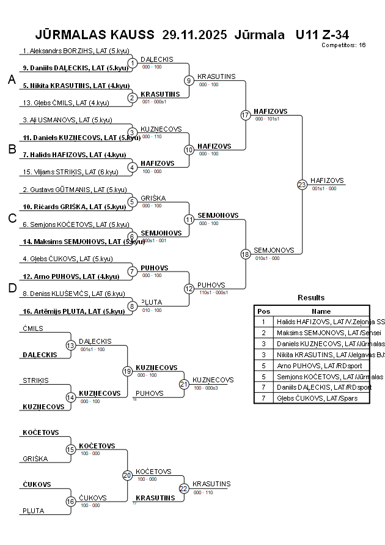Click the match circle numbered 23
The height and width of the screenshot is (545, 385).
click(x=302, y=184)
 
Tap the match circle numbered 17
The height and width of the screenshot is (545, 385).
click(x=246, y=115)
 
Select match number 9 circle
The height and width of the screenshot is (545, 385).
click(x=189, y=80)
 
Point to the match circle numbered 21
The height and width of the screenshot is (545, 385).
click(x=184, y=384)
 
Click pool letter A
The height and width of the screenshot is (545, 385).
click(x=12, y=80)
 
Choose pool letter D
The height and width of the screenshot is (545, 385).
click(x=12, y=288)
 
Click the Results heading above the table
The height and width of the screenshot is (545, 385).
click(x=311, y=298)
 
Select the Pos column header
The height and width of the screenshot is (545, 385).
click(x=263, y=311)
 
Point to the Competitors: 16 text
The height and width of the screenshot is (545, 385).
click(x=343, y=45)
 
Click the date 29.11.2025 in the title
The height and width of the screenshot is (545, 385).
click(x=194, y=34)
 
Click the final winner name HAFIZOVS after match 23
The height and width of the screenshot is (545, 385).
click(x=327, y=180)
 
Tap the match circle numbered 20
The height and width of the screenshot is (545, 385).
click(x=127, y=475)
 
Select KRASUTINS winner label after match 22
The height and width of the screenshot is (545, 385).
click(x=211, y=484)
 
